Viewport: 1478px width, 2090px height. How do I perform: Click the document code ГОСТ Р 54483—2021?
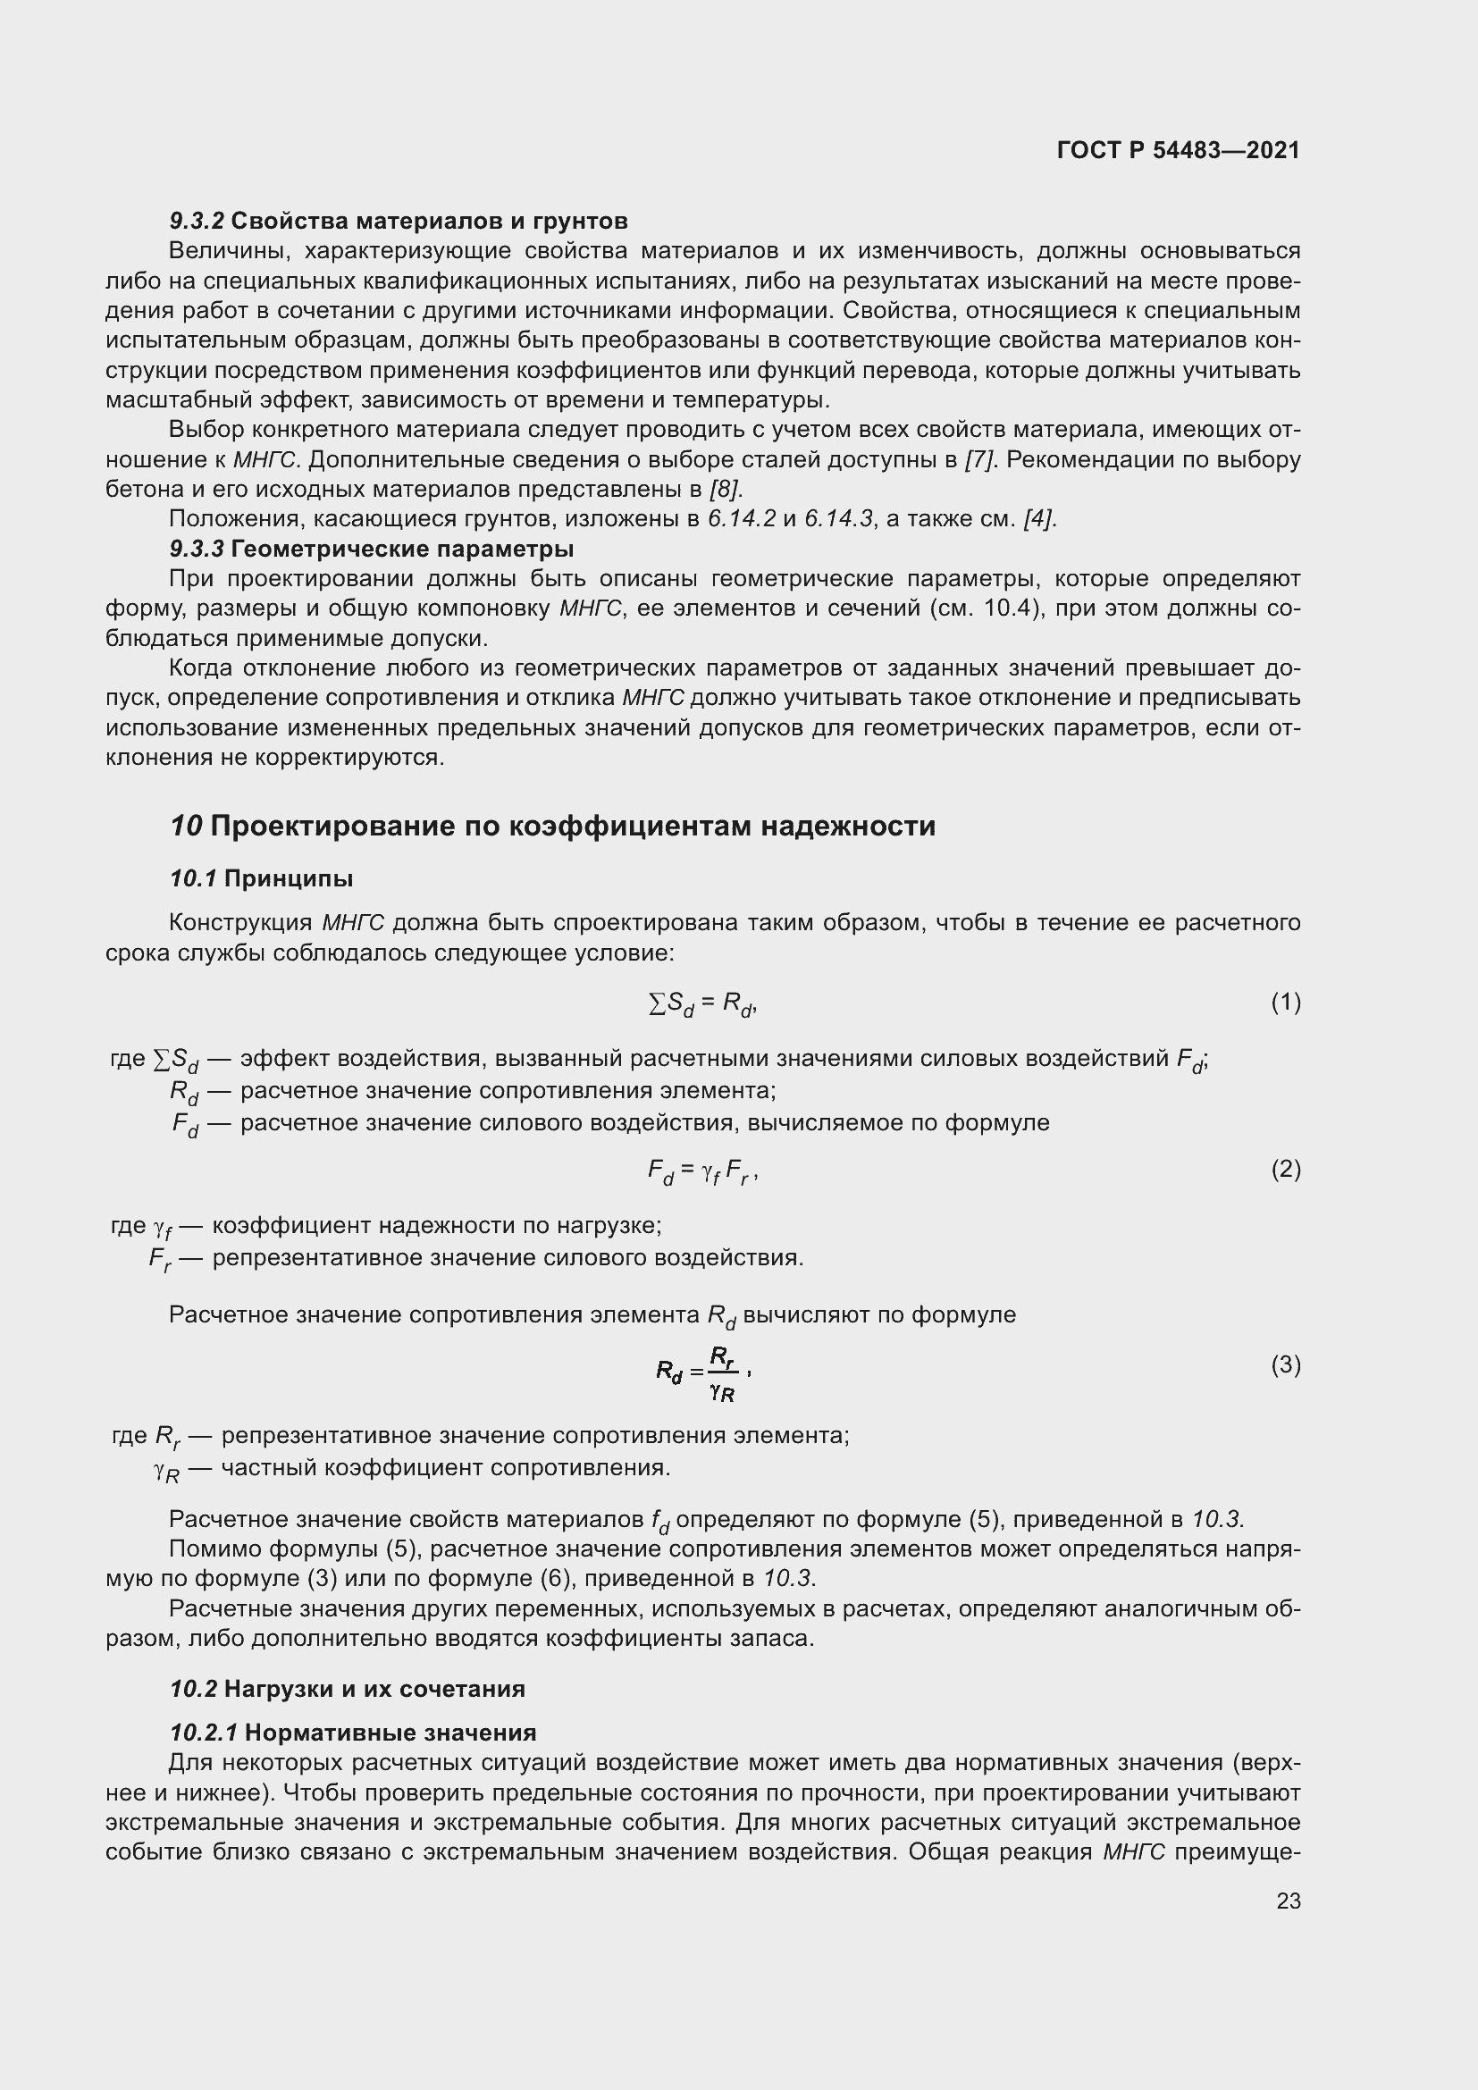(x=1179, y=150)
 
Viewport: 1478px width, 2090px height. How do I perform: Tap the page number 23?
(x=1288, y=1901)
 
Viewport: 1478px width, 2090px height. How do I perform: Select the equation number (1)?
(x=1285, y=1003)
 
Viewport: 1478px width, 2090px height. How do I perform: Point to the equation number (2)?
(x=1285, y=1168)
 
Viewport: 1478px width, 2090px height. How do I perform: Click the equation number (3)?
(x=1285, y=1364)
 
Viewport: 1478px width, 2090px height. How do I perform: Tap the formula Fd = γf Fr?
(x=701, y=1171)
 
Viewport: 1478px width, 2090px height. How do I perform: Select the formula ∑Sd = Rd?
(x=701, y=1004)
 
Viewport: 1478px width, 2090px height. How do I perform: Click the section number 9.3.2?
(x=197, y=222)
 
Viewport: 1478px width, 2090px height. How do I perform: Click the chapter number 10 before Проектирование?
(x=186, y=826)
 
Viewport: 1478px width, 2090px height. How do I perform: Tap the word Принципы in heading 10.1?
(x=289, y=878)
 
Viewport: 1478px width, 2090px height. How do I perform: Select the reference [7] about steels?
(x=978, y=459)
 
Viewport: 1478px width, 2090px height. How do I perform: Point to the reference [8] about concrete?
(x=726, y=490)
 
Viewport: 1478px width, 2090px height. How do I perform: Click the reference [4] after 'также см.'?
(x=1039, y=520)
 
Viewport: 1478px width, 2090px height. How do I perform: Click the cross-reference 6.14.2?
(x=742, y=520)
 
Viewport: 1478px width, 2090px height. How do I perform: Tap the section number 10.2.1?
(x=204, y=1732)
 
